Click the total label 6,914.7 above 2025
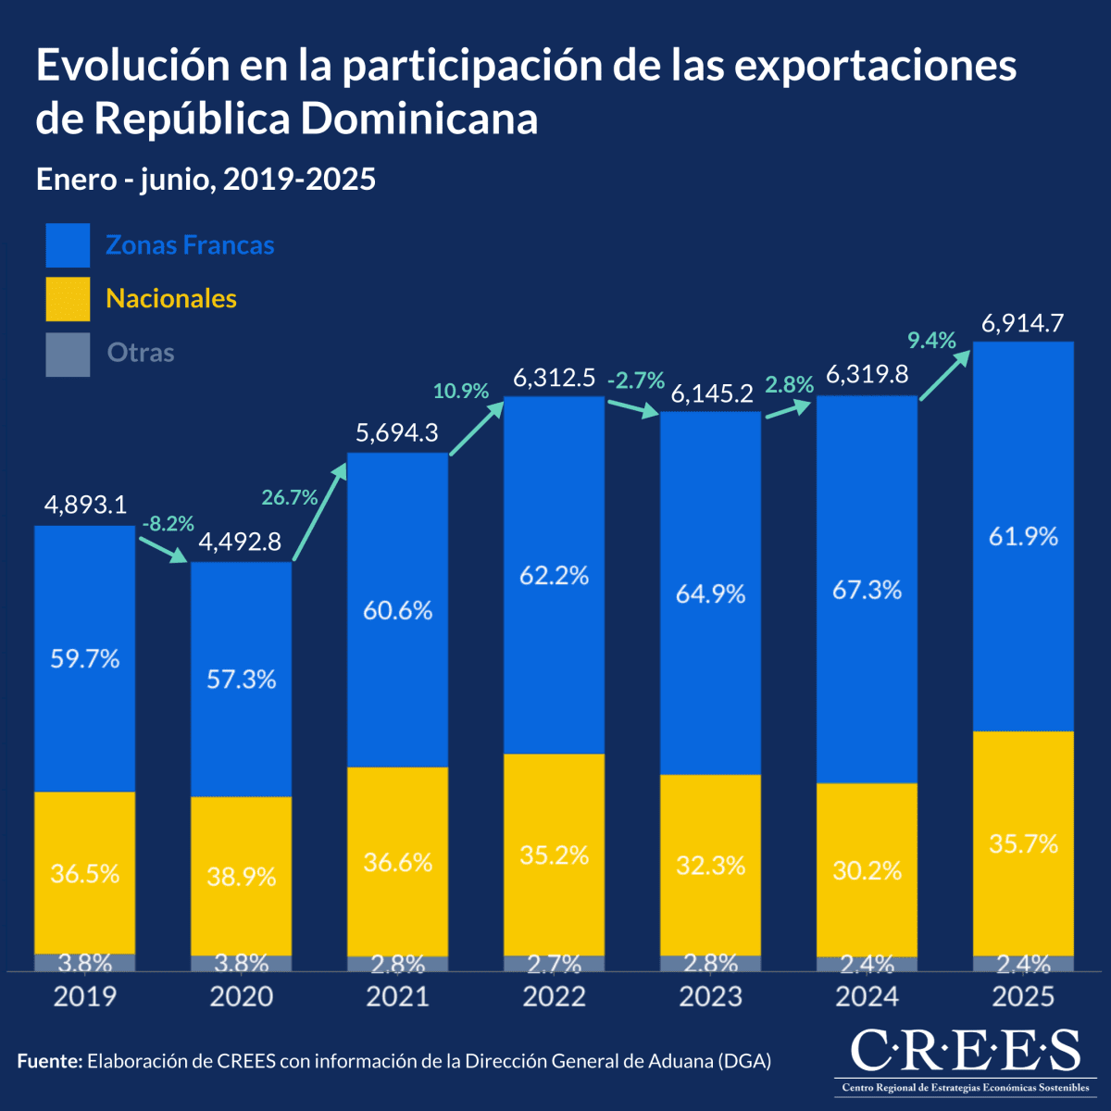[1022, 324]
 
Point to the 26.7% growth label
[289, 497]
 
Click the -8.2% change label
[168, 524]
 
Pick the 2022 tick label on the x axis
[554, 997]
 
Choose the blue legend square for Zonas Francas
[68, 245]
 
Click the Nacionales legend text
[171, 298]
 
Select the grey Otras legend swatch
[68, 355]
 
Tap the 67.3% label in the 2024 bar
[867, 590]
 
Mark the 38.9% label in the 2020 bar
[241, 876]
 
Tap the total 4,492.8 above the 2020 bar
[241, 542]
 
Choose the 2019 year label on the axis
[84, 997]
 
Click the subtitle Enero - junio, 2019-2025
[206, 179]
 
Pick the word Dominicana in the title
[419, 119]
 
